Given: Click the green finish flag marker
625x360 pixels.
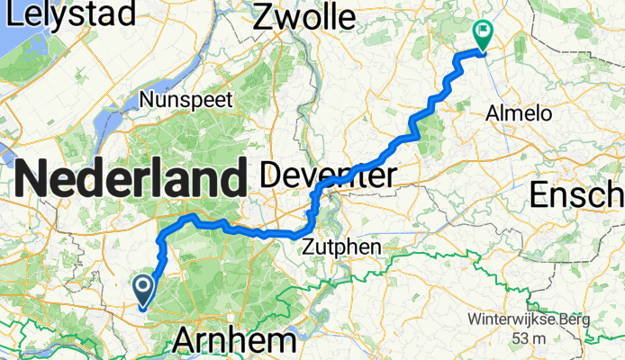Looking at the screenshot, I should click(482, 35).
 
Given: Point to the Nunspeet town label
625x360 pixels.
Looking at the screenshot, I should click(186, 99).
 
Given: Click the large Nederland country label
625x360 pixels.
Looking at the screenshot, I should click(131, 178).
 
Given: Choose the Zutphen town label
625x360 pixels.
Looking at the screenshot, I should click(341, 247).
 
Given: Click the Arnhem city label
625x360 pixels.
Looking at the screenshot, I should click(233, 341).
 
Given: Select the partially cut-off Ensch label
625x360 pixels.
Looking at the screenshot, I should click(577, 193).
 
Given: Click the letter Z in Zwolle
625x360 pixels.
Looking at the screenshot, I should click(263, 15).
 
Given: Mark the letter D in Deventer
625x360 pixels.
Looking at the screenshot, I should click(271, 176).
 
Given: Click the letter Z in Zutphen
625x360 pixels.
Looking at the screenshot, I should click(309, 247).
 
